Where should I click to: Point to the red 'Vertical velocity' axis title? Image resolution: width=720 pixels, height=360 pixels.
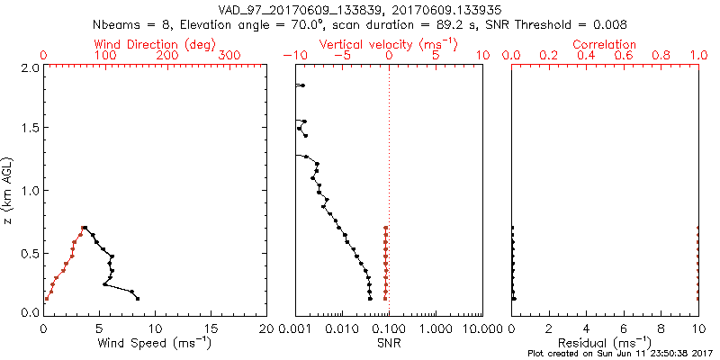[389, 44]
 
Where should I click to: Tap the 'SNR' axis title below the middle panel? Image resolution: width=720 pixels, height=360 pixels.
[389, 343]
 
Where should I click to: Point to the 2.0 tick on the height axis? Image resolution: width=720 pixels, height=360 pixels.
[29, 67]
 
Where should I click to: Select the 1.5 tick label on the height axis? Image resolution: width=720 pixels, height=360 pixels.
[29, 129]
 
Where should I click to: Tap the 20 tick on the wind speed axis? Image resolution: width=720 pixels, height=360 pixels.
[266, 328]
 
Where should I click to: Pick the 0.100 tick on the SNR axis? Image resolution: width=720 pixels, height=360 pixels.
[389, 328]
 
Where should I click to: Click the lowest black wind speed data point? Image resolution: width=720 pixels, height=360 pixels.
[138, 298]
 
